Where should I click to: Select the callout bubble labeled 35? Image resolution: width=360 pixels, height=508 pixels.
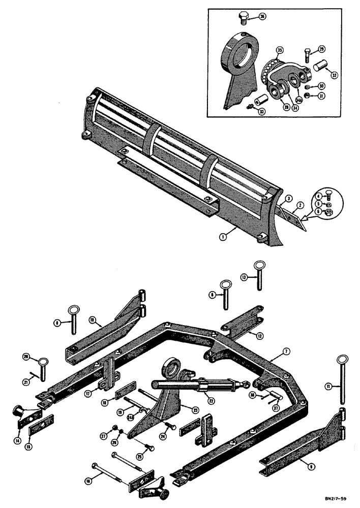279,50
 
